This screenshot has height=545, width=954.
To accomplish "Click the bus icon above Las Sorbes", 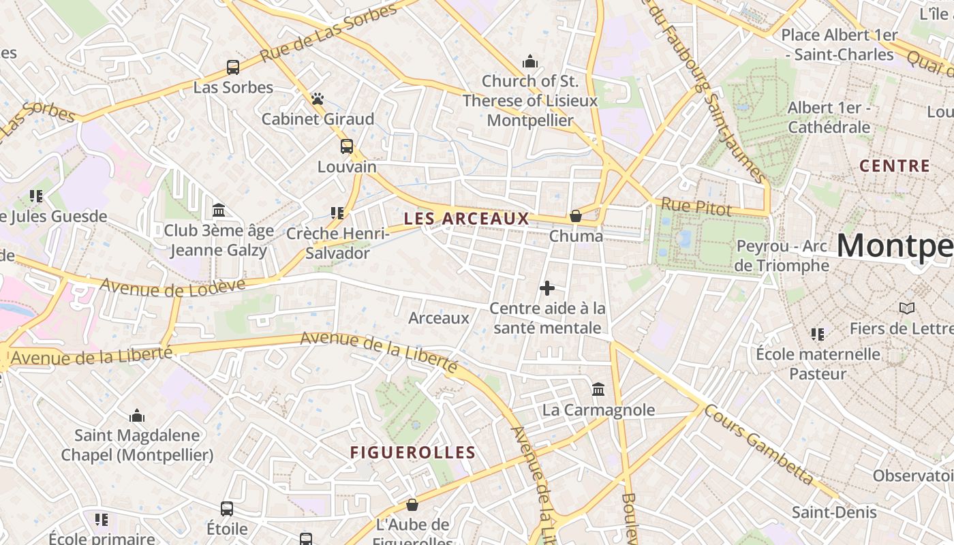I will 233,67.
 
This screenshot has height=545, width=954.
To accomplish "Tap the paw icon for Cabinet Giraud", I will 318,99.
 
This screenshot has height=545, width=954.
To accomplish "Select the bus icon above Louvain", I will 347,146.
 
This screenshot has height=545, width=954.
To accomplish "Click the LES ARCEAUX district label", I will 466,219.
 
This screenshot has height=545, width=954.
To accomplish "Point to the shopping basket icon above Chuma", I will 576,216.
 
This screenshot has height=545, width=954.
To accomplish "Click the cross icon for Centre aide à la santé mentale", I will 547,288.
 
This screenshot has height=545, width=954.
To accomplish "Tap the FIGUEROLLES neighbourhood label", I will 413,452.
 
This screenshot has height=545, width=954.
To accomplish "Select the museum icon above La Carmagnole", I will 598,390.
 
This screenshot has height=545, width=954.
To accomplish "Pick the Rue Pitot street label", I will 696,207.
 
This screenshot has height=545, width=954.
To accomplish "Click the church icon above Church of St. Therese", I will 530,62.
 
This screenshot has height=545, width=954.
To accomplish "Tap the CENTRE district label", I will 894,166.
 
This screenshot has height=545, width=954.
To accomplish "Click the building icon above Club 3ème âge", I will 219,210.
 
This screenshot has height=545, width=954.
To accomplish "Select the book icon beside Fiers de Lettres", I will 906,309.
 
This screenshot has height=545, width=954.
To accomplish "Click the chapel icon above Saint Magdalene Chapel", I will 137,416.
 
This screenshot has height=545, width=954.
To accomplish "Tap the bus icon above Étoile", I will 227,509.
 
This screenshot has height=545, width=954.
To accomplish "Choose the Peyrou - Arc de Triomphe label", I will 782,255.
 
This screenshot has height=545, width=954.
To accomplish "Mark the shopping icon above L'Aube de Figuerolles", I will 412,505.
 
